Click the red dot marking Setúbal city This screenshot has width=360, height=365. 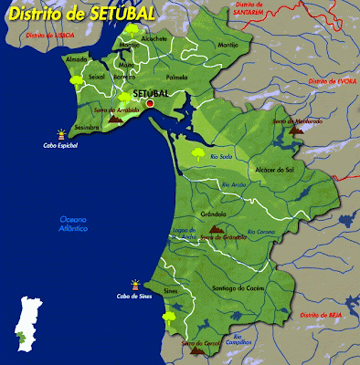(151, 103)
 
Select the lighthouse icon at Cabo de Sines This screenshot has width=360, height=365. (135, 284)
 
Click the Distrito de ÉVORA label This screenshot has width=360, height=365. (330, 81)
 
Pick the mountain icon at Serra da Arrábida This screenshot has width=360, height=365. (115, 118)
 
